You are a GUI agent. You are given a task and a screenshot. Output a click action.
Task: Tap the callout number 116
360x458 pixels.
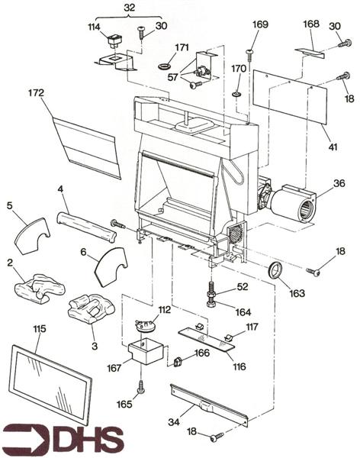[x=239, y=366]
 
